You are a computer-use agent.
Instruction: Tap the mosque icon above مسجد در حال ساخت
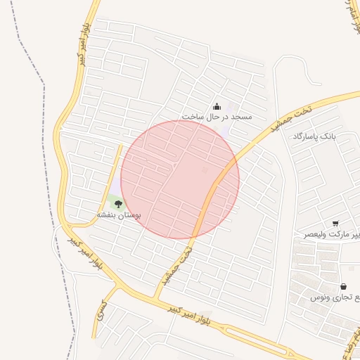[x=216, y=107]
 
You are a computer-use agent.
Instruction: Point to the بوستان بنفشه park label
[x=119, y=215]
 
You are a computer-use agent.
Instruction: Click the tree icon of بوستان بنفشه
[x=118, y=204]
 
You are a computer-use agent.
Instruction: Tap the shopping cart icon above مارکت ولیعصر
[x=335, y=224]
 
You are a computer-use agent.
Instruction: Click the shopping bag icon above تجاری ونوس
[x=343, y=287]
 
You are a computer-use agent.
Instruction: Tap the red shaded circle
[x=180, y=179]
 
